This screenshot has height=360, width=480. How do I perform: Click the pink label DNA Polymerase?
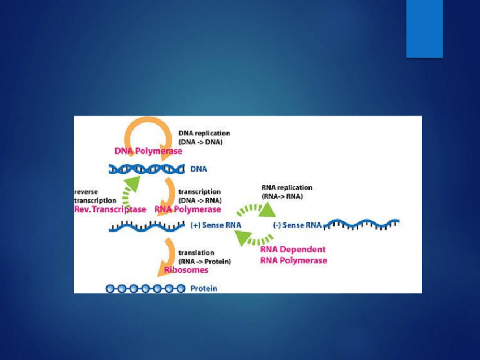coord(148,151)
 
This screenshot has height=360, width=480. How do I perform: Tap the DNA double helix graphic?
coord(147,169)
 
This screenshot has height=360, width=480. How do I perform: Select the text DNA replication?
coord(204,133)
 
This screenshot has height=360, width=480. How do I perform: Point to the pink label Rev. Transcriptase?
coord(110,209)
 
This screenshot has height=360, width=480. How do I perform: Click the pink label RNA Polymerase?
coord(187,209)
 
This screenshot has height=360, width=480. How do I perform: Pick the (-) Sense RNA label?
coord(297,225)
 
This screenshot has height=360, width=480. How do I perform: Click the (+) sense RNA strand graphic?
coord(147,226)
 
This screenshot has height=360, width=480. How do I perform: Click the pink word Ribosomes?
coord(186,270)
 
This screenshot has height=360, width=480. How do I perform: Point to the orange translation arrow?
coord(168,255)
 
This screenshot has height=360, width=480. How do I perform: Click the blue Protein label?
coord(204,289)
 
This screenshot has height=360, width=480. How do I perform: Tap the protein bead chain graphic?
coord(145,289)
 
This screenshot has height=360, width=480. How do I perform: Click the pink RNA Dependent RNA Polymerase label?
coord(293,255)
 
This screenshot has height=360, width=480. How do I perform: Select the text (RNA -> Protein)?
coord(204,262)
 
